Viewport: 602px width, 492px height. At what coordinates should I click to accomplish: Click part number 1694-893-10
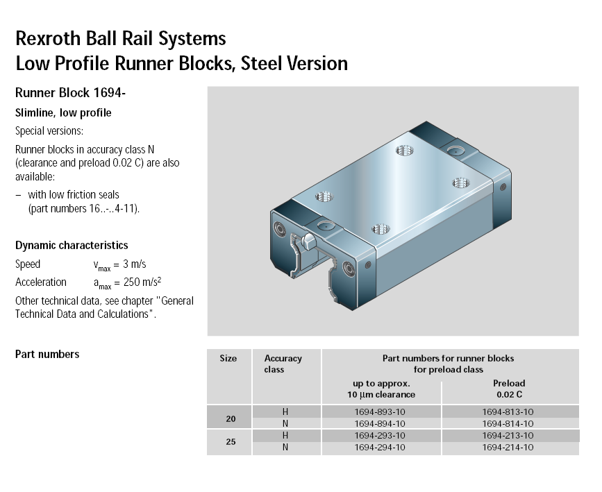380,412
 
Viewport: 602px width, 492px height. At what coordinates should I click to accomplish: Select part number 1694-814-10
508,423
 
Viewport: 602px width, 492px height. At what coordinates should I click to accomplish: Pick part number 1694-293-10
380,436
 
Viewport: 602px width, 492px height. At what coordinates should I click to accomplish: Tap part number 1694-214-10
508,448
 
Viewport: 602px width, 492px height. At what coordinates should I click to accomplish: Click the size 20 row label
231,418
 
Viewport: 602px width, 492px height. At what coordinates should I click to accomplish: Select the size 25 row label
231,442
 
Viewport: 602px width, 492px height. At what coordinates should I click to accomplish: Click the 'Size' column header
228,359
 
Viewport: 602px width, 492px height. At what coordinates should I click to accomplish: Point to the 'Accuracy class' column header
283,364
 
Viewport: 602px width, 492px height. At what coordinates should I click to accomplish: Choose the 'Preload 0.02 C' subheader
509,389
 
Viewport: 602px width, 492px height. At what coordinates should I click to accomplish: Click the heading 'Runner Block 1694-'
70,93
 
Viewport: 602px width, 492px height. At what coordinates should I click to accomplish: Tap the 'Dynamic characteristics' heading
72,246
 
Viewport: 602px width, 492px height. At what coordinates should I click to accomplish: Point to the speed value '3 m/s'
133,264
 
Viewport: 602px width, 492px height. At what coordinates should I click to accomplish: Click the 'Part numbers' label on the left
47,355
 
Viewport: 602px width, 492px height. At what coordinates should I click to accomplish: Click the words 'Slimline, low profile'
63,113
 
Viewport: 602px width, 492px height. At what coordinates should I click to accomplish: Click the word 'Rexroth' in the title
46,37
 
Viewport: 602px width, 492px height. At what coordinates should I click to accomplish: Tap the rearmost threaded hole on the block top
405,151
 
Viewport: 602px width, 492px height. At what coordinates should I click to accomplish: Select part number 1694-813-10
508,412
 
